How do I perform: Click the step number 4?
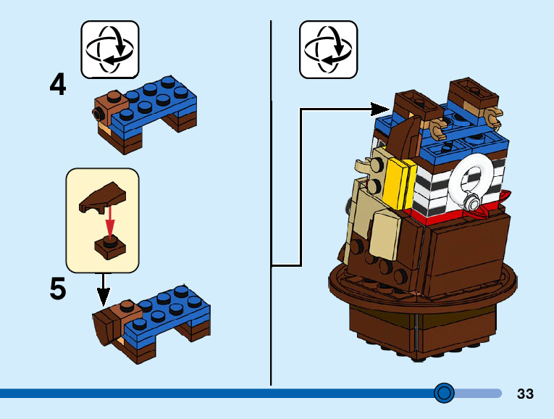(x=58, y=86)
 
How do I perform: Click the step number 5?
(x=58, y=289)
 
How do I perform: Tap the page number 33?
(x=525, y=394)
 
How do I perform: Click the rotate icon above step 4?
(x=109, y=49)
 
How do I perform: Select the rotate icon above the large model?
(x=328, y=49)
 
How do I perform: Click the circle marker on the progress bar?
(x=444, y=393)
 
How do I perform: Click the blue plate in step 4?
(x=156, y=101)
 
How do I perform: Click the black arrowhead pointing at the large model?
(x=381, y=109)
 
